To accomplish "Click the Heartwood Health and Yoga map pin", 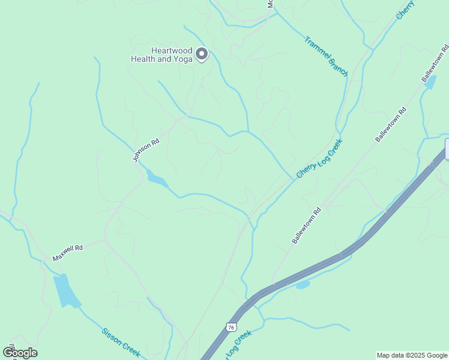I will [x=202, y=54].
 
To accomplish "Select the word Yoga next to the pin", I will [x=183, y=59].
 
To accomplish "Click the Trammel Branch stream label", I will [x=326, y=56].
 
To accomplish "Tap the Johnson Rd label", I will [x=146, y=151].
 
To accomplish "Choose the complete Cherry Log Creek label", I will [x=319, y=158].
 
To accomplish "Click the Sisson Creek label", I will [x=120, y=343].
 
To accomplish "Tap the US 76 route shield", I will [x=231, y=326].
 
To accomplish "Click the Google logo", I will [x=20, y=353].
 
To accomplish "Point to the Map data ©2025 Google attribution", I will [x=412, y=355].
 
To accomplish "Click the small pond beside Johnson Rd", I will [x=157, y=179].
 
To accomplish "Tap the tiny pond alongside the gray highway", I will [x=303, y=284].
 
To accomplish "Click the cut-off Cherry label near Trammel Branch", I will [x=405, y=10].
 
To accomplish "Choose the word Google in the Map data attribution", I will [x=435, y=355].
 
